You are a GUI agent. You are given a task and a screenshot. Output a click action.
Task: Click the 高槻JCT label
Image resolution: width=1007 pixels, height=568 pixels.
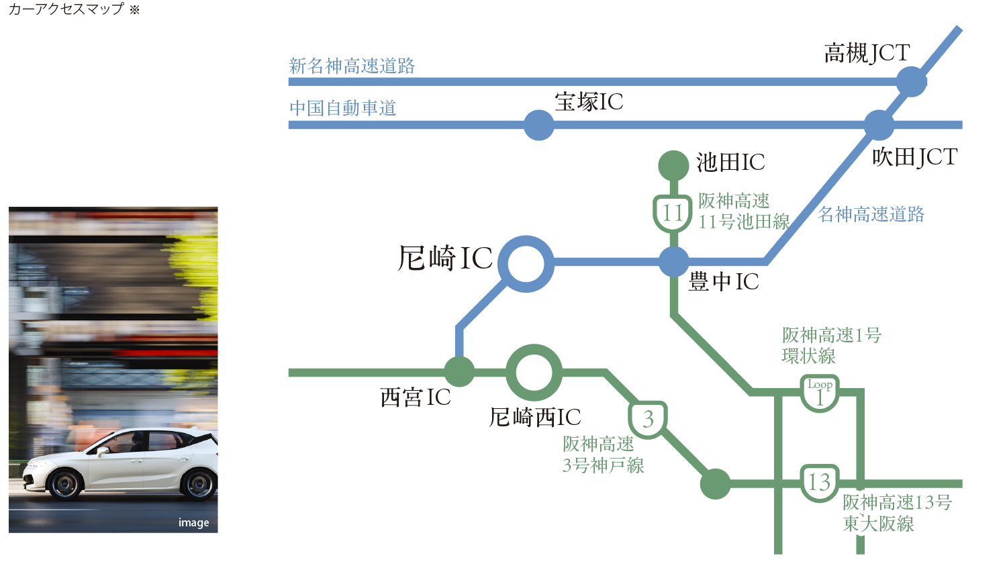(867, 53)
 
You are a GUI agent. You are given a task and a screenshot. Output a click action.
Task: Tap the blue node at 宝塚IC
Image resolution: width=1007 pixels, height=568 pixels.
(538, 125)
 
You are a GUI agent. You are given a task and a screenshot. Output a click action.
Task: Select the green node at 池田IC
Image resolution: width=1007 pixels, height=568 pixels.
(673, 165)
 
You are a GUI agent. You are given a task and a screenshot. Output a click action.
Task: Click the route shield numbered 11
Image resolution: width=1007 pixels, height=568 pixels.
(673, 214)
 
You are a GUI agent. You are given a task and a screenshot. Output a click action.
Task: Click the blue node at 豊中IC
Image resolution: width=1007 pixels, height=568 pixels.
(673, 262)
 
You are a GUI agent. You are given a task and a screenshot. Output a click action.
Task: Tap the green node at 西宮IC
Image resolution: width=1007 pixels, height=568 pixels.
(459, 372)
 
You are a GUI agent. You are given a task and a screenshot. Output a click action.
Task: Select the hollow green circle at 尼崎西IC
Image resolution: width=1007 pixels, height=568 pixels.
(534, 372)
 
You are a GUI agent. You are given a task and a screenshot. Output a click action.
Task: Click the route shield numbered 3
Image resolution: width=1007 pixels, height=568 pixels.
(648, 419)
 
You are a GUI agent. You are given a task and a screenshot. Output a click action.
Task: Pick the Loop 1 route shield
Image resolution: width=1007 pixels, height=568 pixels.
(820, 393)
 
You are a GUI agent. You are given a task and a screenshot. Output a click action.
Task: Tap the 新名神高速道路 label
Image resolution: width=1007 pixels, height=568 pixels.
(352, 66)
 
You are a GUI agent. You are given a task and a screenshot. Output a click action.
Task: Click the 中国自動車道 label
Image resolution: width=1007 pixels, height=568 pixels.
(343, 108)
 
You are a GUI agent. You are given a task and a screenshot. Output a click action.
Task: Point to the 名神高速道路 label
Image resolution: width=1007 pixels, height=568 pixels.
(871, 214)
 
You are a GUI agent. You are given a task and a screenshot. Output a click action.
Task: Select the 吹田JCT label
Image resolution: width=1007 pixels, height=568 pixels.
(914, 158)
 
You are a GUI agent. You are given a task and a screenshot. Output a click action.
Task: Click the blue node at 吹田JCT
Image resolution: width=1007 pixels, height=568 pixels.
(879, 125)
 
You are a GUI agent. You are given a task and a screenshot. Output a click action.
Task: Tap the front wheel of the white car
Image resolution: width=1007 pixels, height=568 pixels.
(65, 484)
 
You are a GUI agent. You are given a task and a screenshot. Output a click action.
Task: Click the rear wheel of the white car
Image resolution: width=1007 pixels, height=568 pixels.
(199, 483)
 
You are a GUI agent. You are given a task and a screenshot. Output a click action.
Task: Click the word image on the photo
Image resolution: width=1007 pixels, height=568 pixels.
(193, 522)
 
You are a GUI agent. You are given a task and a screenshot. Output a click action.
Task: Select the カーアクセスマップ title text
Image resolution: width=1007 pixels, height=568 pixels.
(66, 9)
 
